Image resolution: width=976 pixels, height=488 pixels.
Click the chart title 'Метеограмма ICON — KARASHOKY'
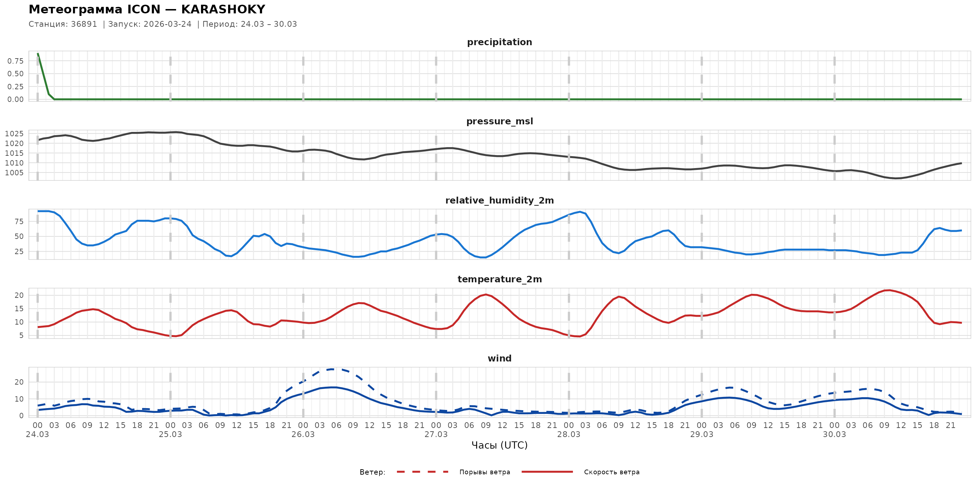147,9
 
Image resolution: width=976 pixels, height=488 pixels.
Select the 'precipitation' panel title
499,42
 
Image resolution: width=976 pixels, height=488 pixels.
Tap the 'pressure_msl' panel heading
499,121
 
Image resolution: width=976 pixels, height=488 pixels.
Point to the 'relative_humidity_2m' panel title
499,200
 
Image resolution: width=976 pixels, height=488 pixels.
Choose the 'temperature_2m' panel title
499,279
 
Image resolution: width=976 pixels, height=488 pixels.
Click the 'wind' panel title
499,359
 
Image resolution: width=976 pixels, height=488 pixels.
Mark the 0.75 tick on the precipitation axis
16,61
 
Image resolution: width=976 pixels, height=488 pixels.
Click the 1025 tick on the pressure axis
14,134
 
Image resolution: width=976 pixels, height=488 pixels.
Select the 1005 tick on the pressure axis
14,173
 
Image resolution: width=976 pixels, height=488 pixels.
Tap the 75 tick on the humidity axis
19,222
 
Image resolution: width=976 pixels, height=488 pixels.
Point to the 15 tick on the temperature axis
19,309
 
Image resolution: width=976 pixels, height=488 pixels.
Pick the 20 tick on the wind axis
19,382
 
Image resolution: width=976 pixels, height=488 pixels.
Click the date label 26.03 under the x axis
303,435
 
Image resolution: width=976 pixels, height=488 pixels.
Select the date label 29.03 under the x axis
701,435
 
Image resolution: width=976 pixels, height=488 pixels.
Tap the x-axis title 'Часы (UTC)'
499,445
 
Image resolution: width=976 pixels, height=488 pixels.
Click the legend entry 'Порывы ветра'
485,472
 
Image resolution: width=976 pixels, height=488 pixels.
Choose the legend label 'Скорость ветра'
612,472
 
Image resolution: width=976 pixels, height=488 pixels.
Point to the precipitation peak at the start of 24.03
38,54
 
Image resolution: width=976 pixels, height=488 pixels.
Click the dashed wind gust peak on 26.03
332,369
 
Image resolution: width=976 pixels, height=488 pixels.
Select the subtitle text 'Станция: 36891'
63,24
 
